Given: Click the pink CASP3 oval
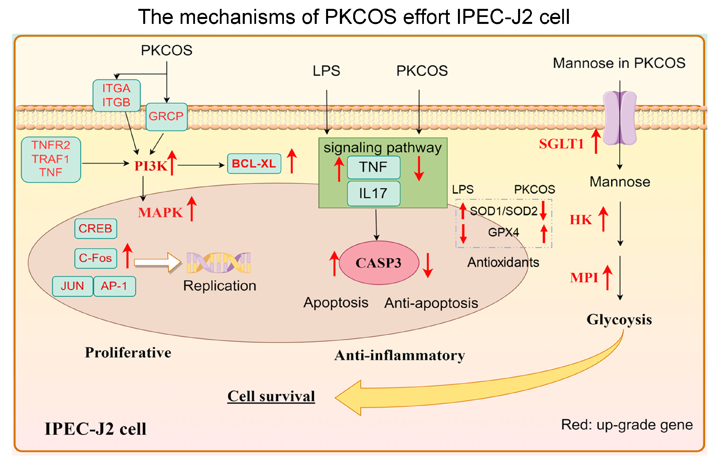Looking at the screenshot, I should [379, 263].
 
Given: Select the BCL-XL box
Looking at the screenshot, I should [254, 164].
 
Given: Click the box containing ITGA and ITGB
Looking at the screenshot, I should [116, 95].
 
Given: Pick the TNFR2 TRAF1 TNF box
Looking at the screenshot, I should [51, 159].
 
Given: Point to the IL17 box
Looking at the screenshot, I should [373, 193].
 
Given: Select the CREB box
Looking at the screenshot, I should [95, 229].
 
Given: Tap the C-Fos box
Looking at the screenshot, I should [95, 258].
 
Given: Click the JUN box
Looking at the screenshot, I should [72, 286].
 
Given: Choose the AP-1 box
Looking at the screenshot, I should [114, 286].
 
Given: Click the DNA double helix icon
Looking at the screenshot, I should [219, 263].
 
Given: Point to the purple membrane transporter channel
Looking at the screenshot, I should [619, 118].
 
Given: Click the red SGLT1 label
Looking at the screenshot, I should [561, 144].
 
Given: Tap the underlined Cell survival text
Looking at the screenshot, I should [271, 396].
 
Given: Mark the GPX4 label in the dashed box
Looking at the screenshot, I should [503, 232].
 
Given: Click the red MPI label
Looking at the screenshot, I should [584, 278].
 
